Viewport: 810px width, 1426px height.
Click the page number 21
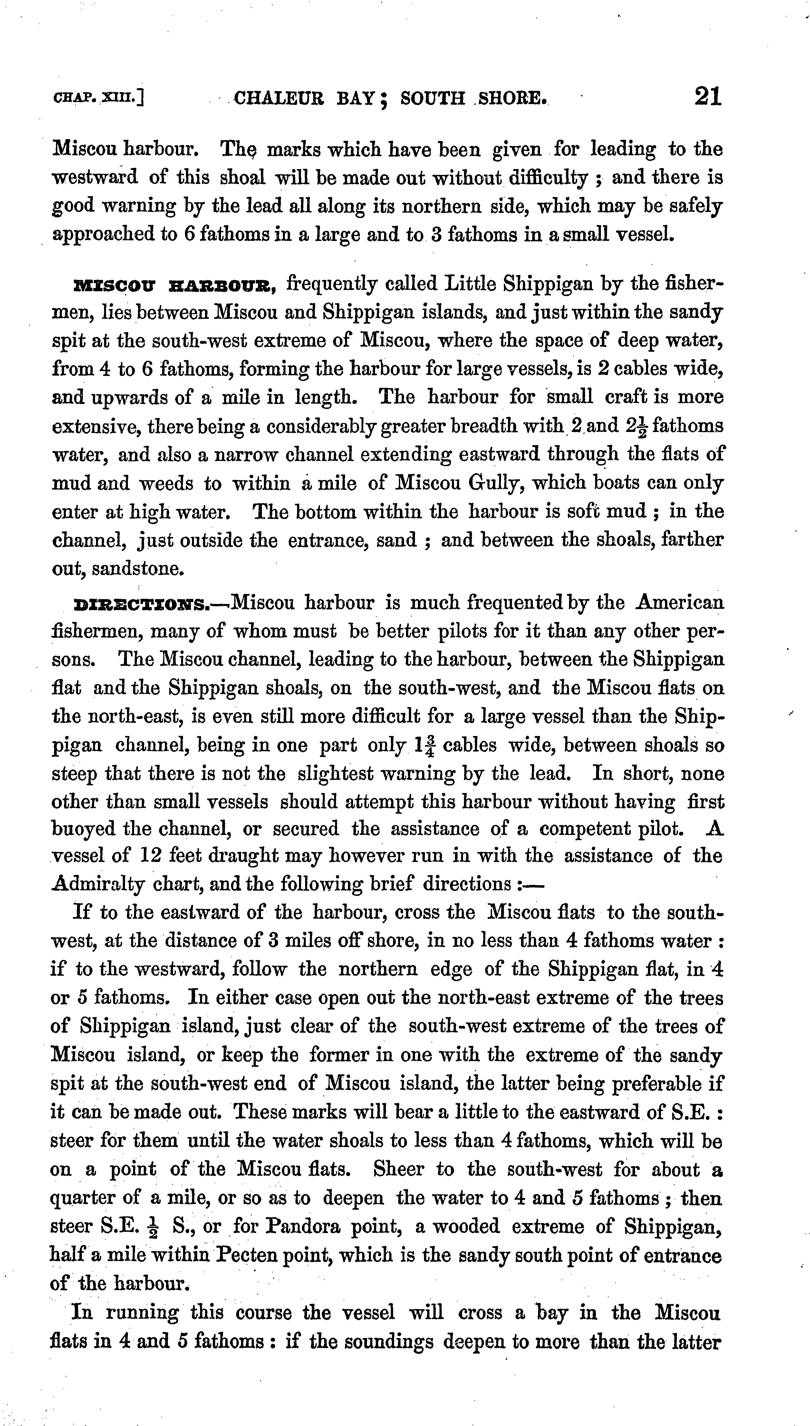708,97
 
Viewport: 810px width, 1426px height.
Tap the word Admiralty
99,884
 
